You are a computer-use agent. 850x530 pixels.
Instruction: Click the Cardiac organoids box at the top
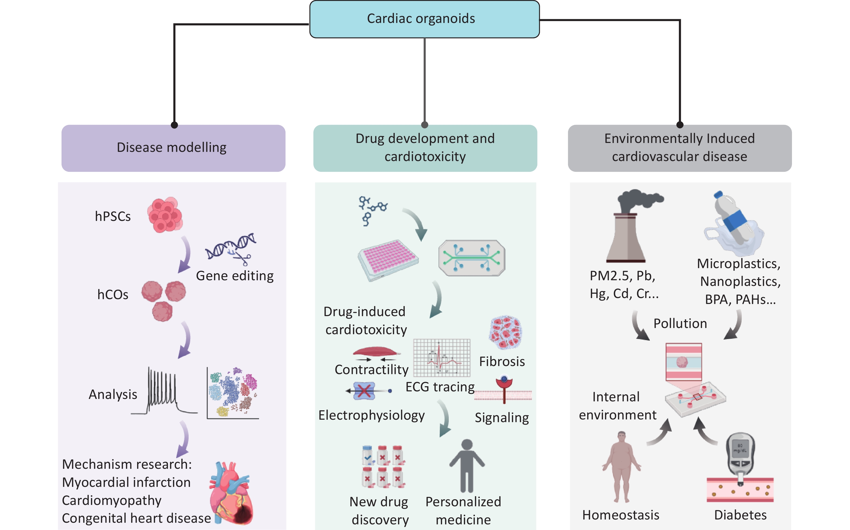pyautogui.click(x=424, y=19)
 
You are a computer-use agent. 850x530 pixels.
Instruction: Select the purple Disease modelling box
pyautogui.click(x=173, y=148)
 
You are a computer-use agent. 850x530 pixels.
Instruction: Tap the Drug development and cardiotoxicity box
pyautogui.click(x=425, y=148)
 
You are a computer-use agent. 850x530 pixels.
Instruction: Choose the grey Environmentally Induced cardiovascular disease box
pyautogui.click(x=679, y=148)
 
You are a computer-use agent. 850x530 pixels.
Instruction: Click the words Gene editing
pyautogui.click(x=234, y=276)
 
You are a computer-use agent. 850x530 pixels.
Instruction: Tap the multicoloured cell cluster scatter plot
pyautogui.click(x=233, y=393)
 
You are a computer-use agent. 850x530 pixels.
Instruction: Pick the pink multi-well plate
pyautogui.click(x=388, y=259)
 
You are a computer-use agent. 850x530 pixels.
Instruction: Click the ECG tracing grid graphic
pyautogui.click(x=441, y=358)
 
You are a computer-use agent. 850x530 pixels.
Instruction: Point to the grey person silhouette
pyautogui.click(x=467, y=466)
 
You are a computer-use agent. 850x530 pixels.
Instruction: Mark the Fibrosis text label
pyautogui.click(x=502, y=361)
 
